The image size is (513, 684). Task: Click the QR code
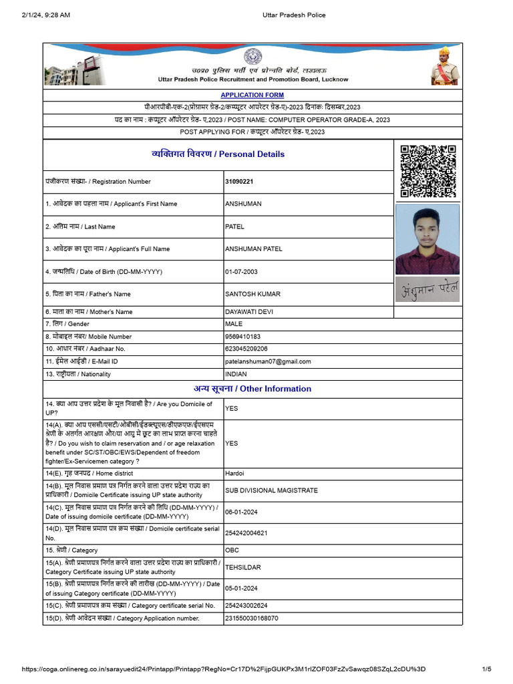(x=428, y=171)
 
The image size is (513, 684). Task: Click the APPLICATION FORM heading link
(x=252, y=96)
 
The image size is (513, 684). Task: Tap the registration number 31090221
(x=239, y=182)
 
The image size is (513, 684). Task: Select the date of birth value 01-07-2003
(x=242, y=272)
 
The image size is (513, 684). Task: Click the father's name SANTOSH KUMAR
(x=252, y=294)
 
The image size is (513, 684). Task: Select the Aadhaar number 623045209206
(x=246, y=349)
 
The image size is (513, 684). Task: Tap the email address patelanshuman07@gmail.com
(x=268, y=361)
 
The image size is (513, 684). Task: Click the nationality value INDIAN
(x=236, y=374)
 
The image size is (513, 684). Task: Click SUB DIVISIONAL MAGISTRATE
(x=271, y=490)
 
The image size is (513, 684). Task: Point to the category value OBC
(x=232, y=550)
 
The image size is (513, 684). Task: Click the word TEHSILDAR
(x=243, y=567)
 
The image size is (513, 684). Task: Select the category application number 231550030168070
(x=251, y=619)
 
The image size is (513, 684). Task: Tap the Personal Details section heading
(x=218, y=154)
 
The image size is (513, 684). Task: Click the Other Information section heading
(x=252, y=389)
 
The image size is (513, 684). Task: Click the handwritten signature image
(x=427, y=289)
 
